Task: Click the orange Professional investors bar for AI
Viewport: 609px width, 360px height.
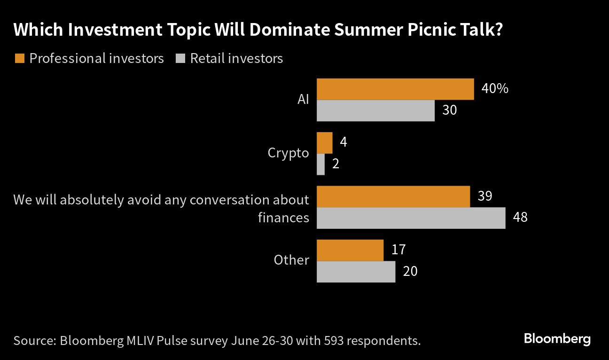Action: pos(395,89)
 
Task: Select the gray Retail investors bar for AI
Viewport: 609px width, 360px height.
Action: pos(375,111)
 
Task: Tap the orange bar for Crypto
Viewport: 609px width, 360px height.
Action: pos(324,143)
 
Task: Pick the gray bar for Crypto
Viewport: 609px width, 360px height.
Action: pos(320,164)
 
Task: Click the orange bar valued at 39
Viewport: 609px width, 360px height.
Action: pos(393,196)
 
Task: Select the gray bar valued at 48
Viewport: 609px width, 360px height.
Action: pos(411,218)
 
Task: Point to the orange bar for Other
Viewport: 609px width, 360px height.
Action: pos(350,250)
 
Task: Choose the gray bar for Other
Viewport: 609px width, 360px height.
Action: pos(356,272)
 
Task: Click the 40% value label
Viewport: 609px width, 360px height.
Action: pos(495,88)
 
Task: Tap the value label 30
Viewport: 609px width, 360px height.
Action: pos(449,110)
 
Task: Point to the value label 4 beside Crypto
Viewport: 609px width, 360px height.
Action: pos(344,142)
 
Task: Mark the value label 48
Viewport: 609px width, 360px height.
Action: pos(520,218)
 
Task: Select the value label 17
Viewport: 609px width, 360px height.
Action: pos(398,250)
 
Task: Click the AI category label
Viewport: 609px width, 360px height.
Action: pos(303,100)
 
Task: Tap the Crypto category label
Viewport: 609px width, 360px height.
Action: pos(288,153)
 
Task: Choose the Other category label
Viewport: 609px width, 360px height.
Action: pos(291,260)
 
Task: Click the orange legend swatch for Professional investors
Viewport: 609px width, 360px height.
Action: pos(20,58)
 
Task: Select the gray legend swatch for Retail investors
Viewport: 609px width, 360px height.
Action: pos(181,58)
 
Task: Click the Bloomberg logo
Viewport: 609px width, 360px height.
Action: pos(557,339)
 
